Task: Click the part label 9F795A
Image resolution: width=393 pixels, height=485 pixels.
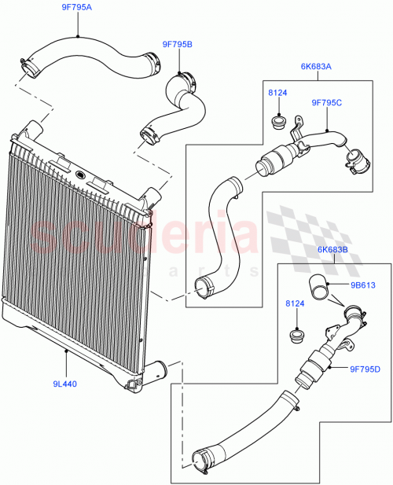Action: pos(77,8)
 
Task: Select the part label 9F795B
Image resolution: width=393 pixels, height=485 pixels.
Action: pos(177,45)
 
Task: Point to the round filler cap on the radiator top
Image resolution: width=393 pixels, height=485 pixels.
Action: pos(80,172)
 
